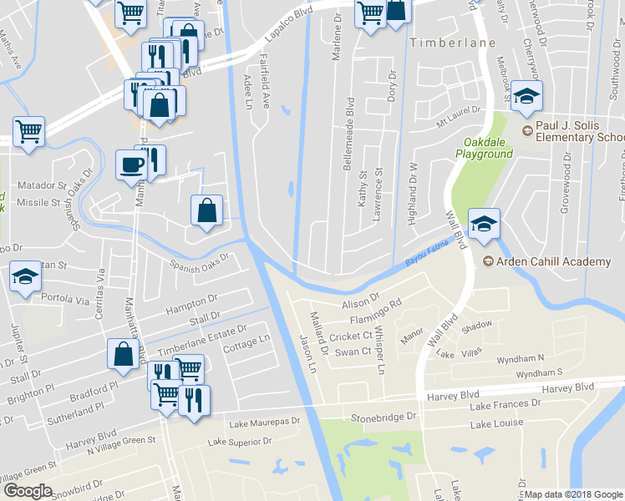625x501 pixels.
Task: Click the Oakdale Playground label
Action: point(484,148)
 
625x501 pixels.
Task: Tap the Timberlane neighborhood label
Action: point(452,42)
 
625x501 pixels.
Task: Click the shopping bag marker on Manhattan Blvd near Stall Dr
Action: point(124,354)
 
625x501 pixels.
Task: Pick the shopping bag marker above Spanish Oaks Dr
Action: point(206,211)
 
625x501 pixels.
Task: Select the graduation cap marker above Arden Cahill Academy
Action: point(484,223)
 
